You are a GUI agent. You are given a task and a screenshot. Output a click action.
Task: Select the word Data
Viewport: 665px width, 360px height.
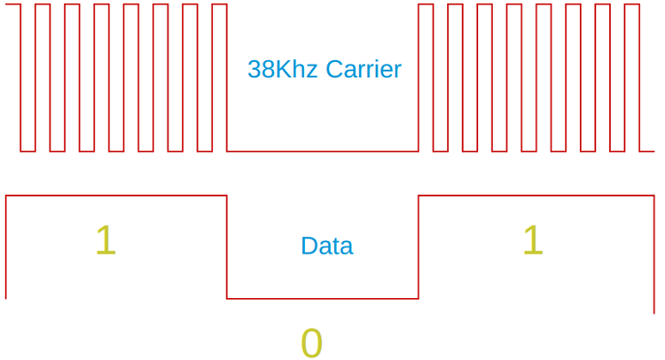[326, 246]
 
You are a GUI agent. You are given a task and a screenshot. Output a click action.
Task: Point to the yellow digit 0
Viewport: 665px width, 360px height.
[311, 343]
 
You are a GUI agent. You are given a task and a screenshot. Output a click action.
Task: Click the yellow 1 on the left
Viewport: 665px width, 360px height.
[106, 241]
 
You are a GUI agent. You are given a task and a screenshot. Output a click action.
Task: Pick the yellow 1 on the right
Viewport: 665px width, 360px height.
[532, 241]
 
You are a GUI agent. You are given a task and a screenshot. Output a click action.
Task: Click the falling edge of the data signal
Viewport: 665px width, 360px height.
[227, 247]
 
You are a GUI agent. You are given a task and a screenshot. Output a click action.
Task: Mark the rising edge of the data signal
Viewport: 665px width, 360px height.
[419, 247]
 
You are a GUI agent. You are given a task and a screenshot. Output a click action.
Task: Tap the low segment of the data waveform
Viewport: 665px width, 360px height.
[323, 299]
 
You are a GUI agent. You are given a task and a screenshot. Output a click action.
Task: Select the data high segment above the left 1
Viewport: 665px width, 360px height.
[115, 196]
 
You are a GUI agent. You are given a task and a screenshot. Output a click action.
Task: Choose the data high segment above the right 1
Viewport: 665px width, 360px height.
[536, 196]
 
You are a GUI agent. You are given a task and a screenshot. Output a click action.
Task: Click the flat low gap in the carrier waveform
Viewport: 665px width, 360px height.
[323, 151]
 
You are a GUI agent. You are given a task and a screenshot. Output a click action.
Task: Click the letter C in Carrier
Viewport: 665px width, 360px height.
[333, 69]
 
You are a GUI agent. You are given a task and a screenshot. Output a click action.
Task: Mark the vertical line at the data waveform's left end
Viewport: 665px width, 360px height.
[6, 247]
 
